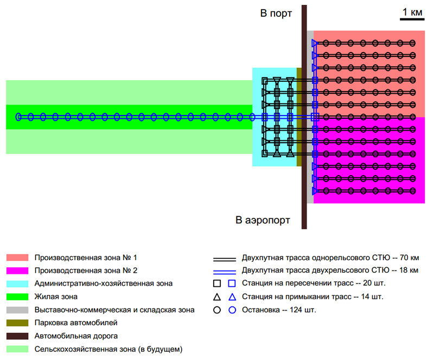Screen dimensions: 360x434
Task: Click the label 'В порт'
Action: coord(276,13)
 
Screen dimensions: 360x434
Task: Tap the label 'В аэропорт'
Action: coord(263,220)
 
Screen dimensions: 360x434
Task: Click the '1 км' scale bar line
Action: coord(412,20)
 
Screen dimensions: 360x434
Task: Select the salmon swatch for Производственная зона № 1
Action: coord(17,257)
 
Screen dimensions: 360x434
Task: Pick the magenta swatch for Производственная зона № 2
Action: coord(17,270)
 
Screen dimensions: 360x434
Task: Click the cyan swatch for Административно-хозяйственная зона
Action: coord(17,283)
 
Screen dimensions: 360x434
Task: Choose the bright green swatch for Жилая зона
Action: coord(17,297)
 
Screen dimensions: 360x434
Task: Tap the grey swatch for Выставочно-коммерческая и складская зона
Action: coord(17,310)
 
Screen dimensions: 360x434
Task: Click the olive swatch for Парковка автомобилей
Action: coord(17,323)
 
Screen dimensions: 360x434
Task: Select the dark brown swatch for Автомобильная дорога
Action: coord(17,336)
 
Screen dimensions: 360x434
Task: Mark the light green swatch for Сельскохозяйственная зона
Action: coord(17,349)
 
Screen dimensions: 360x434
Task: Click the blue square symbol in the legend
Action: coord(232,283)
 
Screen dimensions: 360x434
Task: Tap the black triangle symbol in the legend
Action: coord(217,297)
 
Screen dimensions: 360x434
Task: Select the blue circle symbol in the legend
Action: coord(232,310)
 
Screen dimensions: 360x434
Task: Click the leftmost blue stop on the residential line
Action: coord(18,117)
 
